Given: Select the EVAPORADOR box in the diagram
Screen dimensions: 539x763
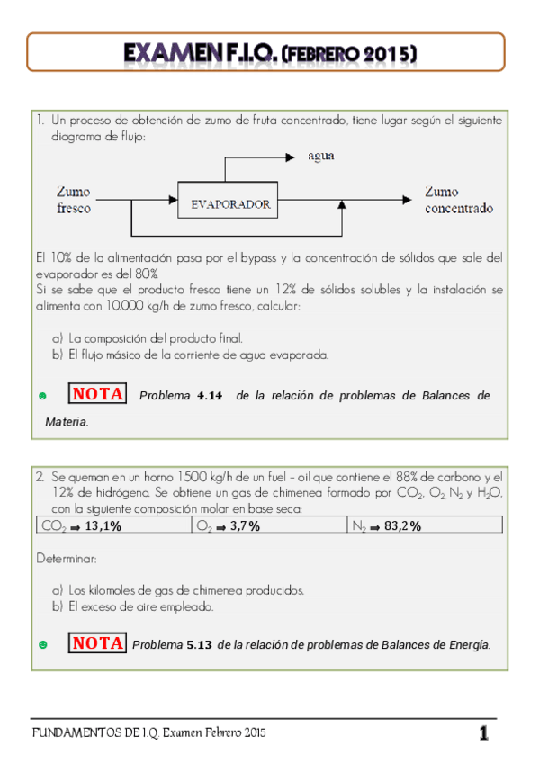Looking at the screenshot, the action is (230, 204).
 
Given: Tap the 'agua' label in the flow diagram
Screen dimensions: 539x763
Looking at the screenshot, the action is (321, 156).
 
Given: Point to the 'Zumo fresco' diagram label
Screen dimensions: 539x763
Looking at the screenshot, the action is (73, 200).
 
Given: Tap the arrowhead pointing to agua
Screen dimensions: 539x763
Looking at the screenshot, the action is (290, 157).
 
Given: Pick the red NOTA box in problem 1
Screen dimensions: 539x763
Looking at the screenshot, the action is (98, 394).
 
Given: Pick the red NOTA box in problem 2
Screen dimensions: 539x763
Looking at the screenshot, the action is (98, 643).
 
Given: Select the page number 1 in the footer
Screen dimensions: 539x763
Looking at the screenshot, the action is (484, 734).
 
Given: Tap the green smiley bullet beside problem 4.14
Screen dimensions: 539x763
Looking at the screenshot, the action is (43, 396).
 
